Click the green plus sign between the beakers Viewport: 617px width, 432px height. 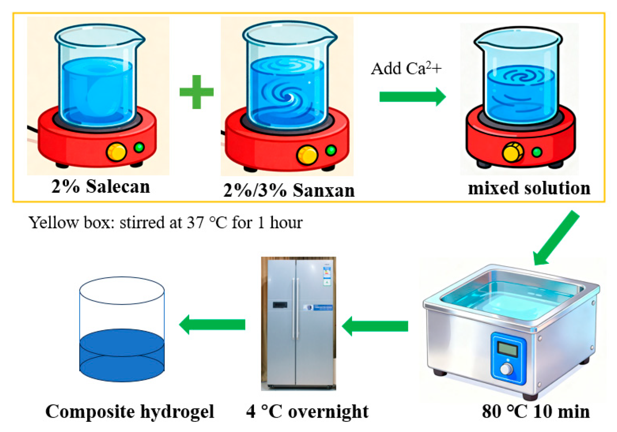196,92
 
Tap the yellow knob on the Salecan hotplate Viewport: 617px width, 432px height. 116,151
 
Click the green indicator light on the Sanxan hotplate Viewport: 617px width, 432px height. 331,150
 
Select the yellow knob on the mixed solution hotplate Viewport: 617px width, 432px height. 512,152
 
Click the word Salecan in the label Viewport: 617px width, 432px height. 118,187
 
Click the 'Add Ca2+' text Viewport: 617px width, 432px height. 406,69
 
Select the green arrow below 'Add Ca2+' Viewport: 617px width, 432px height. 412,96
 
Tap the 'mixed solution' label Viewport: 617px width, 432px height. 529,188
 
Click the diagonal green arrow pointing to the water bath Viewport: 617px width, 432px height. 556,238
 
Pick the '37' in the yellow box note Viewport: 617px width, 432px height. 195,223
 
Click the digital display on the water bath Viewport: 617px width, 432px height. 508,349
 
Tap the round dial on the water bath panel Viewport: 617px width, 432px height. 506,369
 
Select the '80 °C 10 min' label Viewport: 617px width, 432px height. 535,412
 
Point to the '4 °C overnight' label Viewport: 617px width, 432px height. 307,412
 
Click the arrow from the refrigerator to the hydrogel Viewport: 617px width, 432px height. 212,325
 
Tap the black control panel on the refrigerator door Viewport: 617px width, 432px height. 280,305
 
